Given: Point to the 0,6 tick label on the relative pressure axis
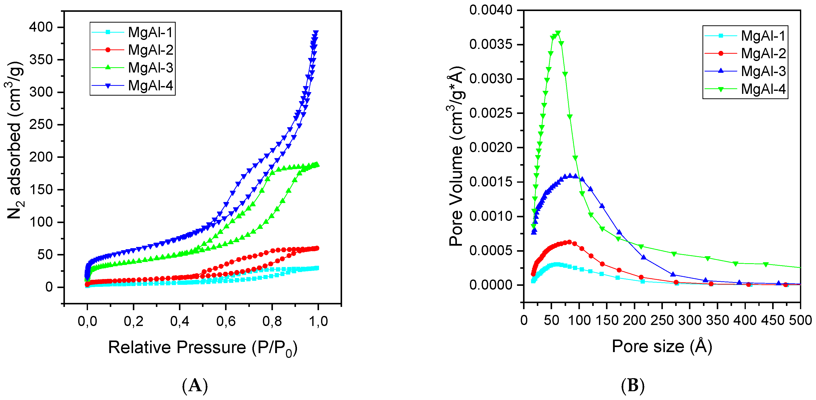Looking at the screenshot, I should [x=226, y=321].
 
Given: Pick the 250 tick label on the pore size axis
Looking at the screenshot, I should [x=662, y=320].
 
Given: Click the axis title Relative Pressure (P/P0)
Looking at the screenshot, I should [x=203, y=347].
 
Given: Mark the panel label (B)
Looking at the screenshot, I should [x=633, y=386].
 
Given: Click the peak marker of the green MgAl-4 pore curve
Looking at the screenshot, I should [x=558, y=33].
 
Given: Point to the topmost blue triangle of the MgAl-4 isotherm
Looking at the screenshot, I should [x=316, y=33].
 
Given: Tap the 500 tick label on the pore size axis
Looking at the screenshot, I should [x=800, y=320].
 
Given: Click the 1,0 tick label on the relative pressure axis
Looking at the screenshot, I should [x=318, y=321].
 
